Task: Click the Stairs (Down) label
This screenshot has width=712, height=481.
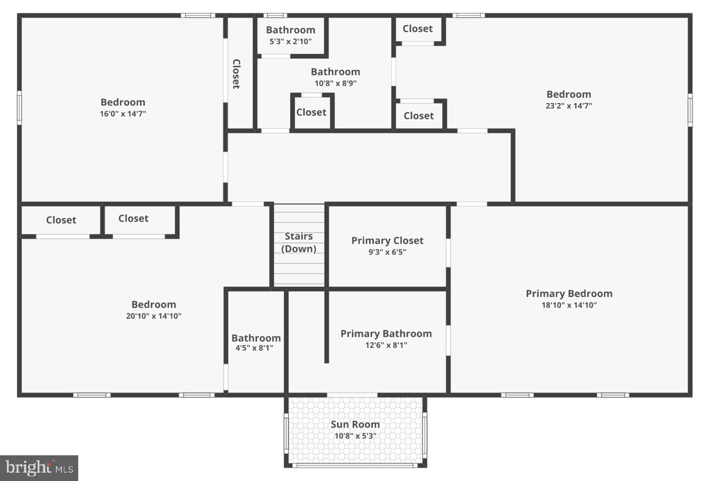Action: point(299,242)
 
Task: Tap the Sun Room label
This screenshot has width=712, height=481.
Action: point(355,424)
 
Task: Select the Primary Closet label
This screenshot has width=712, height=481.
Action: point(387,240)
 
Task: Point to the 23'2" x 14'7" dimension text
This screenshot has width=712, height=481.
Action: point(569,106)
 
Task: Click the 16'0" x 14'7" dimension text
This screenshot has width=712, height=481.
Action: point(123,114)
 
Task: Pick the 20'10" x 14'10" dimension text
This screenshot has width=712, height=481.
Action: point(153,316)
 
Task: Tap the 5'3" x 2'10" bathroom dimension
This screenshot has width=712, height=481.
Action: point(291,42)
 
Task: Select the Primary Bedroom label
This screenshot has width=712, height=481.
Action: point(569,294)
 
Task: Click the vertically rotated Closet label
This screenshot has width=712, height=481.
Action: point(236,74)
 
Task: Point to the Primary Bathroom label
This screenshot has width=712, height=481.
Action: point(386,334)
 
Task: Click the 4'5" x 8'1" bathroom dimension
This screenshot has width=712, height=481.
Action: point(254,348)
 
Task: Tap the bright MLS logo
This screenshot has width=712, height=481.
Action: point(39,468)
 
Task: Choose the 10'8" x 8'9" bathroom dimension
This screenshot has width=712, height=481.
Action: point(335,83)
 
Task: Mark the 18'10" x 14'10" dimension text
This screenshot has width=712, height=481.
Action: point(569,305)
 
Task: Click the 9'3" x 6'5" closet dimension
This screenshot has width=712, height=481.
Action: point(387,252)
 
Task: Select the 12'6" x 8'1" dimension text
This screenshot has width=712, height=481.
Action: point(386,345)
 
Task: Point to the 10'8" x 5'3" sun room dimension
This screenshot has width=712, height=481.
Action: point(355,436)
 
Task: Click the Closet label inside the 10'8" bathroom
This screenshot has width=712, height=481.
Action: point(311,112)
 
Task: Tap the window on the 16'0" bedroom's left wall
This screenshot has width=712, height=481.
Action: point(19,108)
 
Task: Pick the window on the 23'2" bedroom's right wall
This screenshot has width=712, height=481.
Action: point(690,110)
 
